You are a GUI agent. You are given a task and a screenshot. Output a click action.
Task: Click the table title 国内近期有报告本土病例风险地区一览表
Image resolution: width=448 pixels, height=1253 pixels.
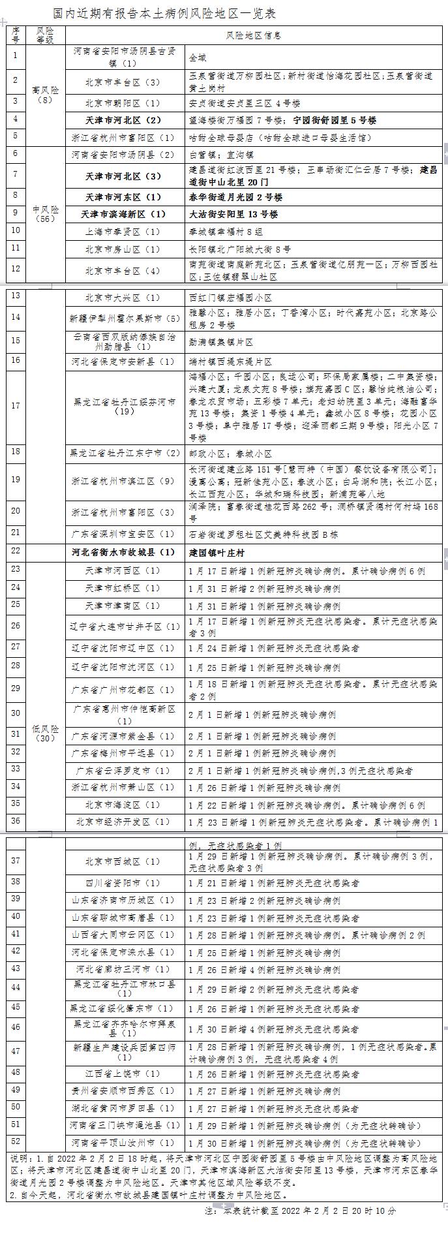tap(164, 13)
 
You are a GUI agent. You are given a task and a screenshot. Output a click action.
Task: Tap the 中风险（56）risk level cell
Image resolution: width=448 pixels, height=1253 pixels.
tap(46, 214)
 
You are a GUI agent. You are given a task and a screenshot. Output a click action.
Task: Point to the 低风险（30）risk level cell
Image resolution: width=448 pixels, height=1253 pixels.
tap(46, 733)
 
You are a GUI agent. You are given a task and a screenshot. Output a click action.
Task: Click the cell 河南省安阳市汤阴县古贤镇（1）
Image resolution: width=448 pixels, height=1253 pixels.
tap(123, 57)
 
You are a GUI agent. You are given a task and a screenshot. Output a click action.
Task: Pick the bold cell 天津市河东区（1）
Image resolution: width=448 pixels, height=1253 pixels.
tap(123, 197)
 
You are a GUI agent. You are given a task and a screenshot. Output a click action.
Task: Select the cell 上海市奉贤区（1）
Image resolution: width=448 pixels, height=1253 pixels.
tap(123, 232)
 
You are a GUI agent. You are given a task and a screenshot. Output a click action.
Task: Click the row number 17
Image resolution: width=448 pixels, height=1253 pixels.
tap(16, 406)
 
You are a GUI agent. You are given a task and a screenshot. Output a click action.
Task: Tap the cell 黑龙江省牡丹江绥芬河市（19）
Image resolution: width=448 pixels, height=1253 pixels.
tap(123, 407)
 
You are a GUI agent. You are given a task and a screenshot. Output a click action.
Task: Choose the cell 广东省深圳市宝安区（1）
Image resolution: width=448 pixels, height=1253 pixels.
tap(123, 534)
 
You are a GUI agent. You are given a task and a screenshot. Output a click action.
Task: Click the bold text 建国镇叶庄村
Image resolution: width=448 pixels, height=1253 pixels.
tap(217, 552)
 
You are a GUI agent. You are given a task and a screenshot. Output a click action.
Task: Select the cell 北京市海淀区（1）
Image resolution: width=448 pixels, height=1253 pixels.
tap(123, 805)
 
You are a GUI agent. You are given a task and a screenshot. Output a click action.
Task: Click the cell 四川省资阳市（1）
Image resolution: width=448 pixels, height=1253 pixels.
tap(123, 883)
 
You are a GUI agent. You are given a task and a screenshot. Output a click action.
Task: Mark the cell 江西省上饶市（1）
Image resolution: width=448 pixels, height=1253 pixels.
tap(123, 1074)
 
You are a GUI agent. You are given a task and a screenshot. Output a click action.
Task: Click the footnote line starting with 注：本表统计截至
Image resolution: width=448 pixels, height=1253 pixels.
tap(299, 1209)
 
